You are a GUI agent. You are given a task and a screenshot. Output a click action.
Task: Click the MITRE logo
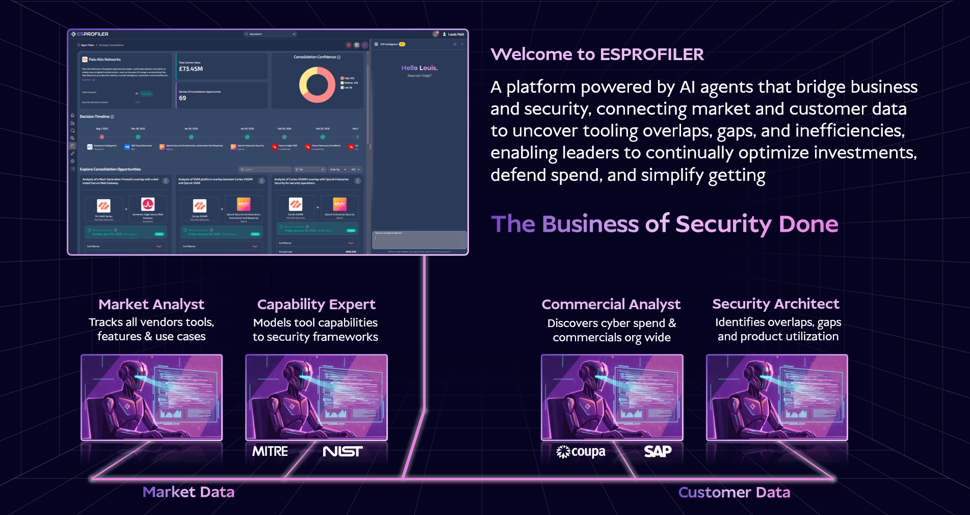point(270,451)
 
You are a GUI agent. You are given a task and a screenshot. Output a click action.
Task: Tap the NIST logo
point(343,451)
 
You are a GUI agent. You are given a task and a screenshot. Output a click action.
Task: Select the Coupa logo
point(581,452)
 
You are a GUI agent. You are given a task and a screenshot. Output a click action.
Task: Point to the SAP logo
point(658,451)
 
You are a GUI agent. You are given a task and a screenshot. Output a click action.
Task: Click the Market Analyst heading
point(151,305)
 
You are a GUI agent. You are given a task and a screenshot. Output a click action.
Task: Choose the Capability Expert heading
point(316,305)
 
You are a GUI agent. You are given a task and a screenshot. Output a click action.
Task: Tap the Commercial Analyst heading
point(611,305)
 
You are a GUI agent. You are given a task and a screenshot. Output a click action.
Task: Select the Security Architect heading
point(775,304)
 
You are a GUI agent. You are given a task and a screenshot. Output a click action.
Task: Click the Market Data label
point(189,492)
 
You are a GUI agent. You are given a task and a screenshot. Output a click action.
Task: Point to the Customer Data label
point(734,493)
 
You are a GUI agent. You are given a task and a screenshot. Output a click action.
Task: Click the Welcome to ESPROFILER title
point(597,55)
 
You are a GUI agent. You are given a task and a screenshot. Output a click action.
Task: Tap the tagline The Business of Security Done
point(664,224)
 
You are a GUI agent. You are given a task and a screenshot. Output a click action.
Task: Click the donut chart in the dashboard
point(317,85)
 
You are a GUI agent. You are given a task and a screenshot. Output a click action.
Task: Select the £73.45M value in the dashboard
point(191,69)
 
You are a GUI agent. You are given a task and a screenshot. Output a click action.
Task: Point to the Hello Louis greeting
point(419,68)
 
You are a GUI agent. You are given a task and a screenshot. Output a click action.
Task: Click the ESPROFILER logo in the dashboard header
point(90,34)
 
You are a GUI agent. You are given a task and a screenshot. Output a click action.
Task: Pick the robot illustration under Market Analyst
point(151,397)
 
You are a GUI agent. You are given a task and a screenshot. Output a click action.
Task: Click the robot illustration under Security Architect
point(777,397)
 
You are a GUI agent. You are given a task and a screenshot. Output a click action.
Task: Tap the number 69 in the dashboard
point(182,98)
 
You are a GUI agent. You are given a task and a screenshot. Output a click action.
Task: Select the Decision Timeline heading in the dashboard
point(95,117)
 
